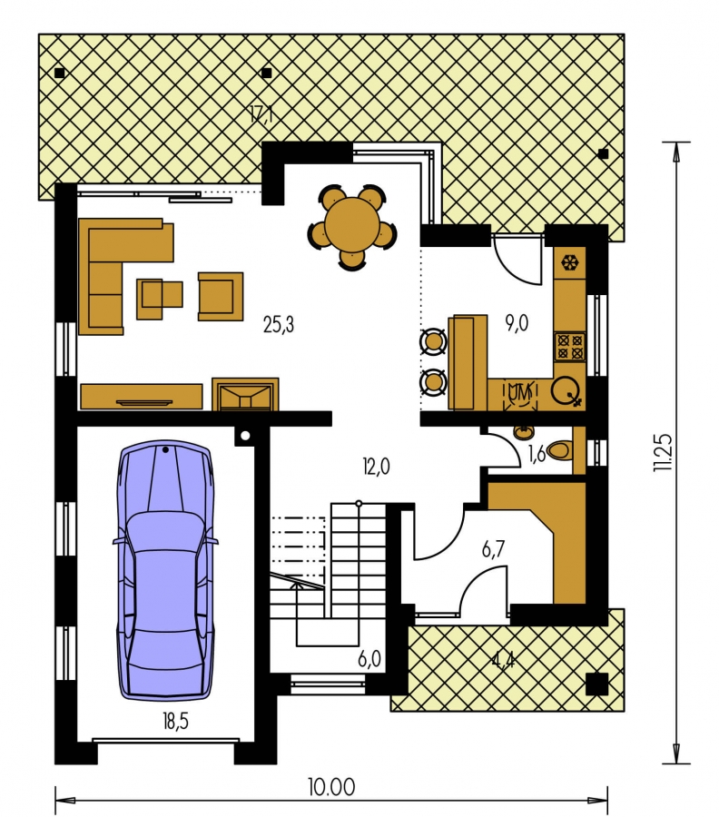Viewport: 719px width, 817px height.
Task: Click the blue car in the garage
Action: (x=164, y=570)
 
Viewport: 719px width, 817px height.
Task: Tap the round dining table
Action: (x=352, y=227)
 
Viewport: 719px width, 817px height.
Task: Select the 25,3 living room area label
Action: (x=279, y=325)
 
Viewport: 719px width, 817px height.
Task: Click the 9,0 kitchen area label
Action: (x=517, y=323)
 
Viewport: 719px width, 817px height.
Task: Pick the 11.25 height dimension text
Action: (x=664, y=453)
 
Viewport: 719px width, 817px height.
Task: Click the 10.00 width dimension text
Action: (x=332, y=787)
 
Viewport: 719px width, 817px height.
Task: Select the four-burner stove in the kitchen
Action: (x=570, y=347)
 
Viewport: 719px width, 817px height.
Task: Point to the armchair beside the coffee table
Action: (x=221, y=296)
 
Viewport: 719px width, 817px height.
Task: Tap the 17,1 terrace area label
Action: (x=261, y=113)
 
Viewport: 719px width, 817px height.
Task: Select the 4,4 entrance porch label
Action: (x=503, y=661)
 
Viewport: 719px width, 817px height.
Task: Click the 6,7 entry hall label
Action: (x=493, y=549)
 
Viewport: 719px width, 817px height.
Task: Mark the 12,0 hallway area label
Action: (x=376, y=467)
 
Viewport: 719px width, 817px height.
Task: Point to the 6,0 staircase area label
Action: (x=369, y=659)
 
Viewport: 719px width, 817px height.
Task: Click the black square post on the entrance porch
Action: (x=596, y=684)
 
